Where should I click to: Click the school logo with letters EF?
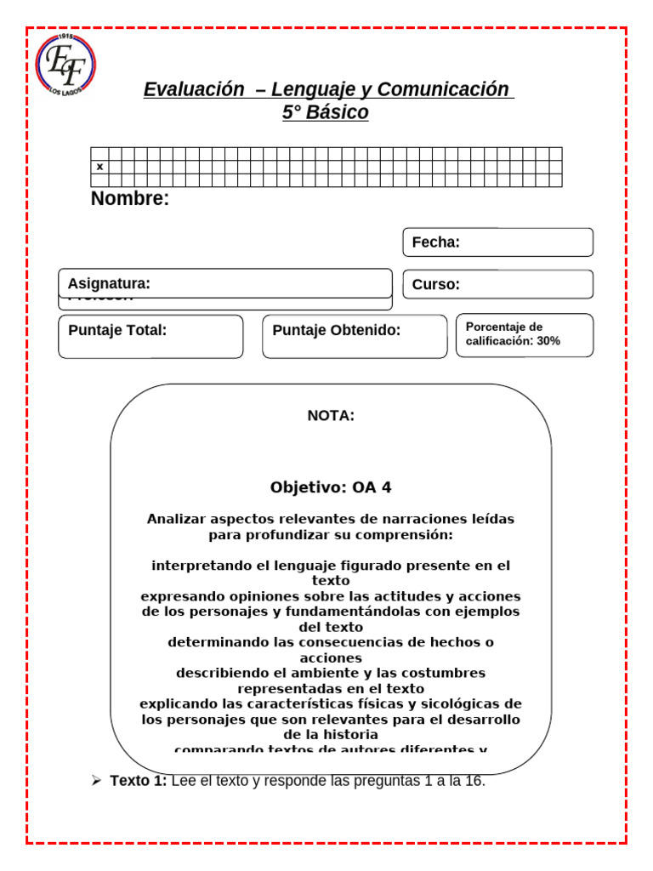65,65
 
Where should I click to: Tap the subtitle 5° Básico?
326,112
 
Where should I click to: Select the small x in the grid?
99,167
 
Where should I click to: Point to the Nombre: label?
130,199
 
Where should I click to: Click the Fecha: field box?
497,242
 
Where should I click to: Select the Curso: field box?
497,284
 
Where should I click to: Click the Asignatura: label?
109,283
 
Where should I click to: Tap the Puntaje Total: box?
150,336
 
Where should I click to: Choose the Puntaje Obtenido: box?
355,336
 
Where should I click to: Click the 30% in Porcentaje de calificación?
548,341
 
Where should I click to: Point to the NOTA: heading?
331,416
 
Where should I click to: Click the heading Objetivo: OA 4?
331,487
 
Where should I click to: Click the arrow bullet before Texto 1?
97,781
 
